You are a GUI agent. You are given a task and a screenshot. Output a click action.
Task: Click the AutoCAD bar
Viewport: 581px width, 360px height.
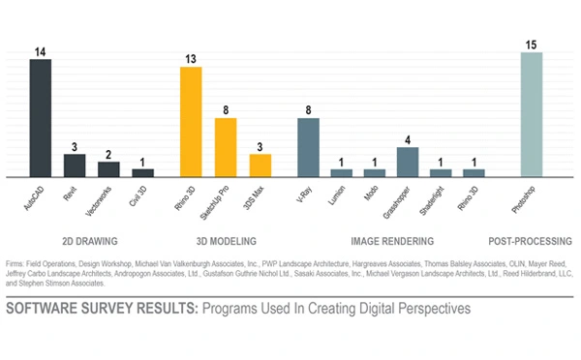click(x=40, y=118)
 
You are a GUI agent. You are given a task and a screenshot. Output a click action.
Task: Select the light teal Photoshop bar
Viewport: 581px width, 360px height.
click(x=532, y=114)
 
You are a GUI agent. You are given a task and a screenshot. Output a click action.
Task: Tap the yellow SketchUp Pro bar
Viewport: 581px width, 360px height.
click(x=226, y=147)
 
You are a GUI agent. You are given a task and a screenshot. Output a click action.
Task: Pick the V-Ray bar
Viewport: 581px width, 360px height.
click(x=308, y=147)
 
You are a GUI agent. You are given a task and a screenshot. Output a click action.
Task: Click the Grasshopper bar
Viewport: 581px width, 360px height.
click(x=408, y=162)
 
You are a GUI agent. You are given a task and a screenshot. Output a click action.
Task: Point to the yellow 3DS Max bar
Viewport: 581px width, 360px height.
click(x=260, y=165)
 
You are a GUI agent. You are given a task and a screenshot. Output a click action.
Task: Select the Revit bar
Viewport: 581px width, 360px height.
click(x=75, y=165)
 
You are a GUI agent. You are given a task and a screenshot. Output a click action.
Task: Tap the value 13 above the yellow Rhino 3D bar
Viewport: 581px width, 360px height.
click(x=192, y=58)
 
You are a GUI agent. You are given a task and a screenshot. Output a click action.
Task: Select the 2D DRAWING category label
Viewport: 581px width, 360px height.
click(x=91, y=240)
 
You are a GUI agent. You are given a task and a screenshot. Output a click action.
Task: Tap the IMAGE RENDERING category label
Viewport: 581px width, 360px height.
click(x=389, y=240)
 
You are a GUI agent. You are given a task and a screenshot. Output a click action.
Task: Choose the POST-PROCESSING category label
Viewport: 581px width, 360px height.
click(x=531, y=240)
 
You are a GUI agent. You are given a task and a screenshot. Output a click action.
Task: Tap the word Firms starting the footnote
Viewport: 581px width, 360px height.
click(x=15, y=263)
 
